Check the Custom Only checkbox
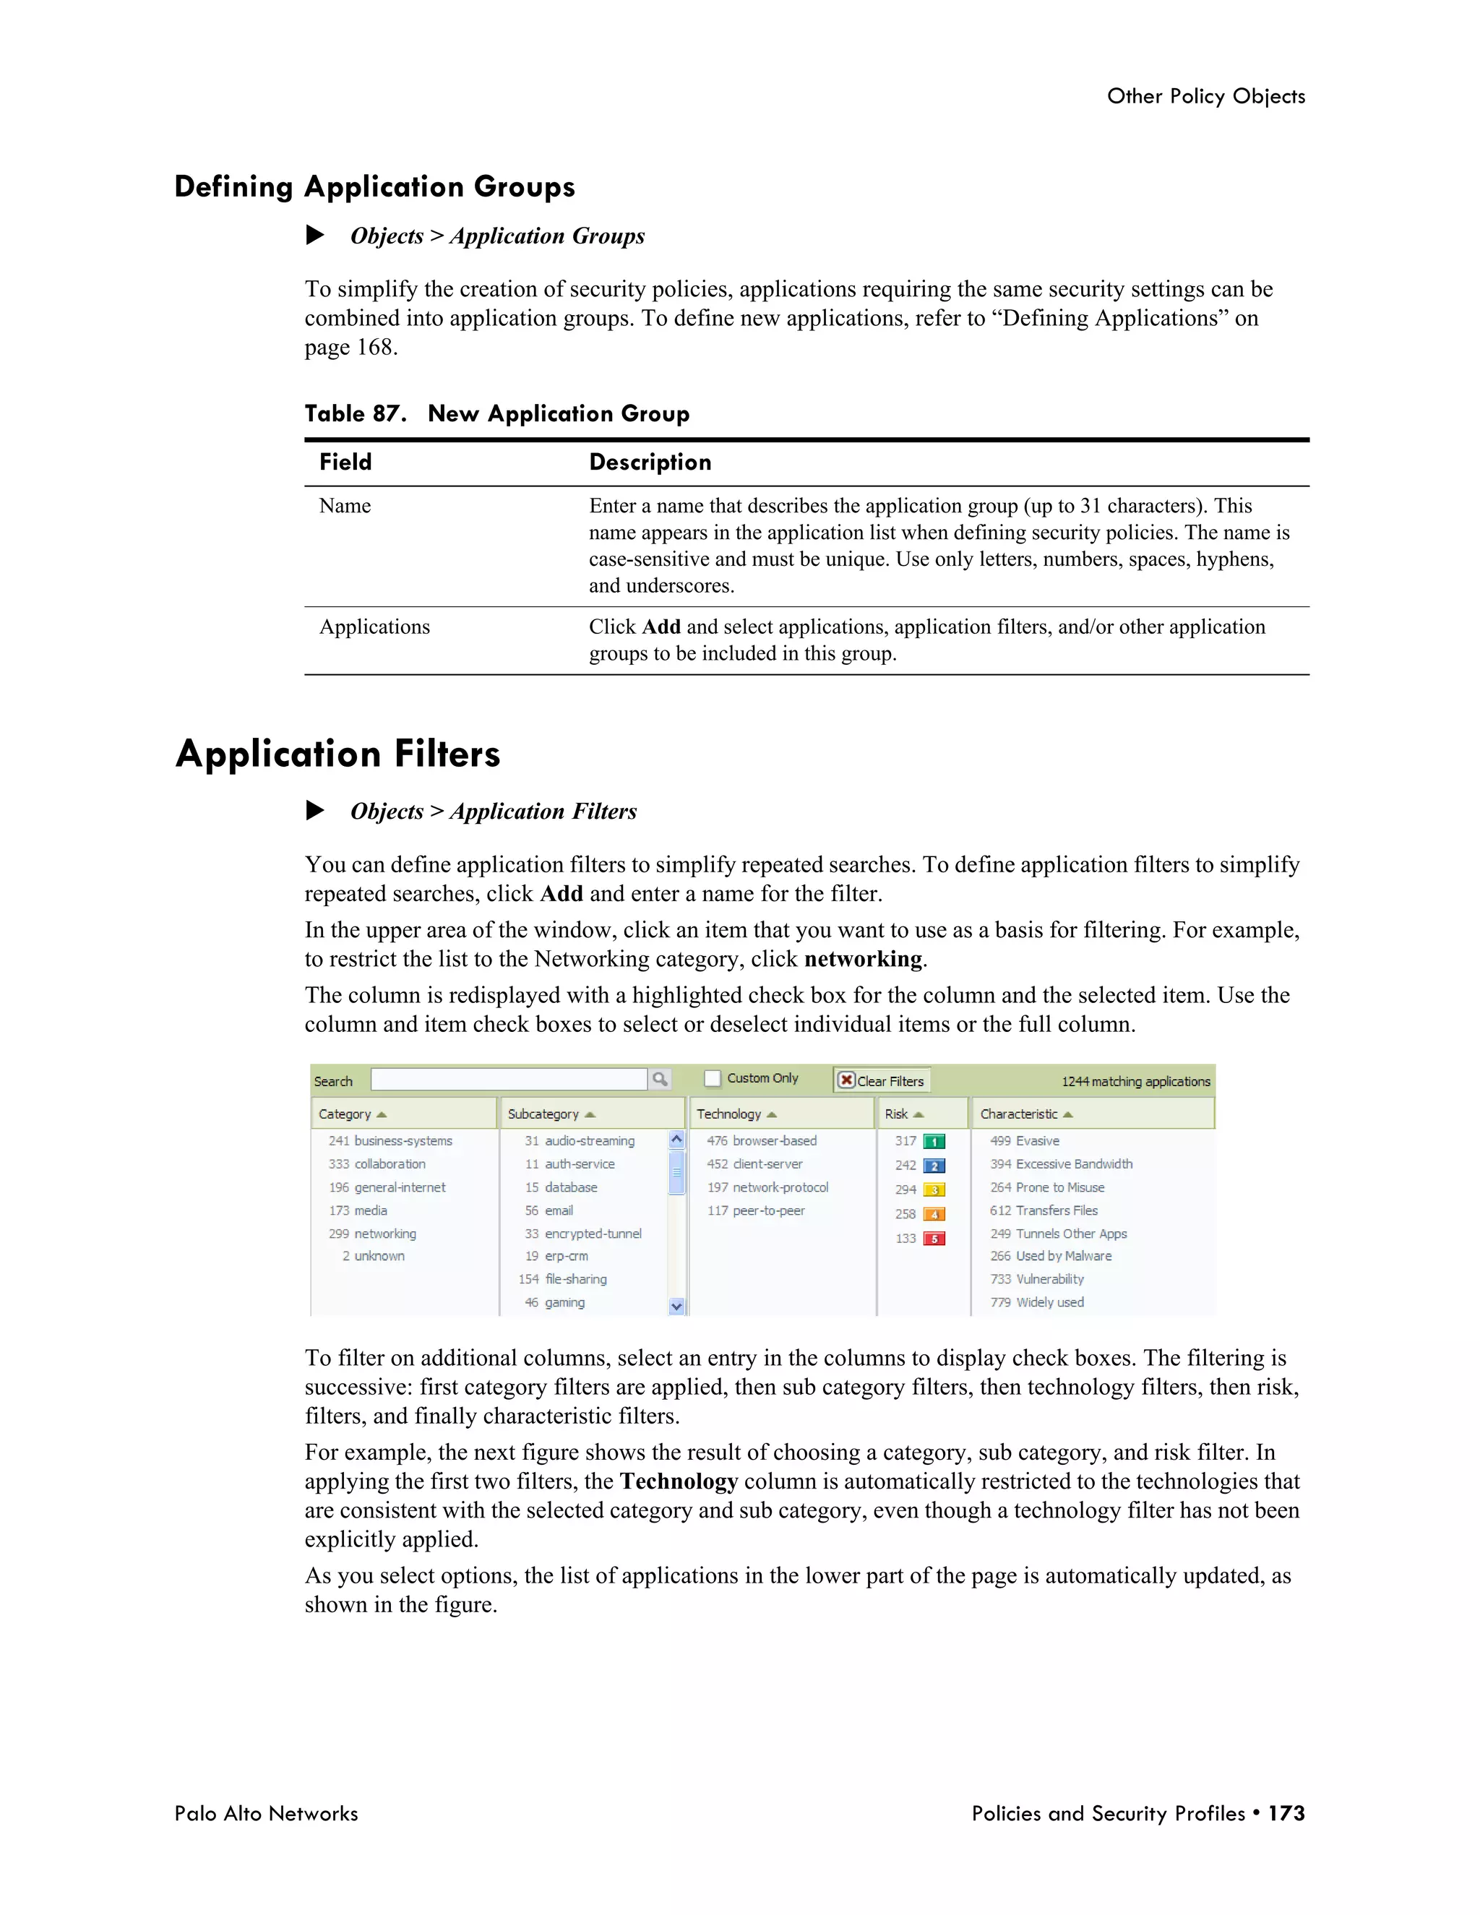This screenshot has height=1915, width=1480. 713,1078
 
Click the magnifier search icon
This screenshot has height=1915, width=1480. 659,1080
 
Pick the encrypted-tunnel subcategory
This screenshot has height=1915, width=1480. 593,1234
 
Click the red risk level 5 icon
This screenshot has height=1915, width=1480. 934,1239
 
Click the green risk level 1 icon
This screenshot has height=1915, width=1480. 934,1142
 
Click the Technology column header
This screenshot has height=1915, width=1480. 728,1114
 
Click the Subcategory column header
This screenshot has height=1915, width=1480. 543,1114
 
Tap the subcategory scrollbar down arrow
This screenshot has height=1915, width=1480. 676,1307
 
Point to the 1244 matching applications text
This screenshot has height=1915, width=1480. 1135,1082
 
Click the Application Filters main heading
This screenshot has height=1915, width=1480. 337,754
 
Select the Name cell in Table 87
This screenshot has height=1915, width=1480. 345,506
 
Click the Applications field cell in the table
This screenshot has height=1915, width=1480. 374,627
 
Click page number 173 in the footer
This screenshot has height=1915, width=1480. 1286,1813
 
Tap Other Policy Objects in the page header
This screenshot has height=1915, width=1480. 1205,96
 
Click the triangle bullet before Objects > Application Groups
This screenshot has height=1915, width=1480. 315,235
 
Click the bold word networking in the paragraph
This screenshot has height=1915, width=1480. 863,959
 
